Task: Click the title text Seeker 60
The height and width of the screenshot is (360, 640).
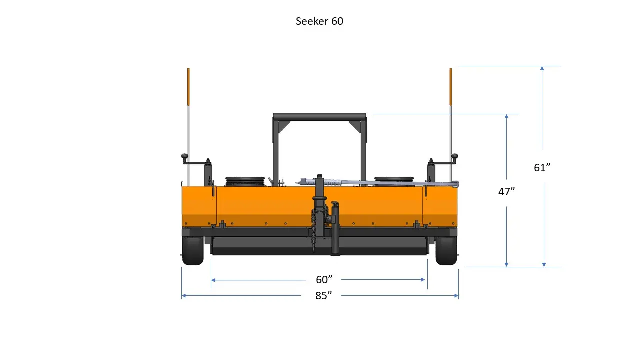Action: click(319, 21)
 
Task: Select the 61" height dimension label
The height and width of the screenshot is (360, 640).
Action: click(542, 168)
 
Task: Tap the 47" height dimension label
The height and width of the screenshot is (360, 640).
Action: click(506, 191)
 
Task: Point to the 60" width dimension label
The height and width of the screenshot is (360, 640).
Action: click(324, 280)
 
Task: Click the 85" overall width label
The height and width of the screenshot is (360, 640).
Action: click(324, 295)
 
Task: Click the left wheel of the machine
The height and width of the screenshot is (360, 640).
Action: click(193, 251)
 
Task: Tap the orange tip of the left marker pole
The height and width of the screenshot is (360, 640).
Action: click(188, 86)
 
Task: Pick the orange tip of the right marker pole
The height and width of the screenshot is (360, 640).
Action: click(450, 86)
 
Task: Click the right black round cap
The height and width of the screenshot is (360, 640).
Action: click(394, 180)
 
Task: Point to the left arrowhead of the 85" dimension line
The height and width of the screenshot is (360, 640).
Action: click(184, 296)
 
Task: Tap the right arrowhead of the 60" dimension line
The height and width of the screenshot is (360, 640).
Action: click(424, 280)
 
